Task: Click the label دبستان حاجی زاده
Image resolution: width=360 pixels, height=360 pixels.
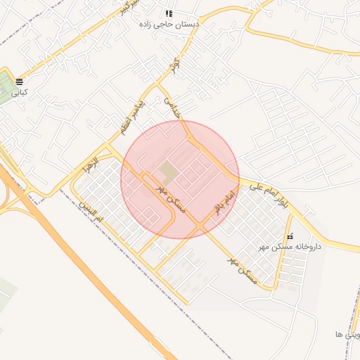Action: [169, 24]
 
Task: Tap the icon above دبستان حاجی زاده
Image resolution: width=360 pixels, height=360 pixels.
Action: [169, 13]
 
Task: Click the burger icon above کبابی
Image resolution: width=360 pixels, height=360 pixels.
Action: [18, 82]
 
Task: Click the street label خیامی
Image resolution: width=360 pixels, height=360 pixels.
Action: [172, 110]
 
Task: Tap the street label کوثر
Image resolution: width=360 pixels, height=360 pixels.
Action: [173, 67]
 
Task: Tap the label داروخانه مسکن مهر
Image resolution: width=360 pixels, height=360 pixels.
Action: [289, 247]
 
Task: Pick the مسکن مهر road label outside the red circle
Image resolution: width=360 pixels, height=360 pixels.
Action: [243, 270]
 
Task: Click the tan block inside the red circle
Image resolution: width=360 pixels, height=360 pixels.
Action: [168, 172]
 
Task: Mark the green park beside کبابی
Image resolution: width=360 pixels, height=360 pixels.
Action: [6, 85]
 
